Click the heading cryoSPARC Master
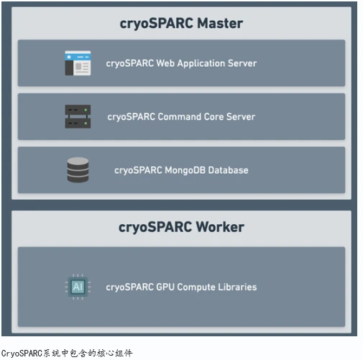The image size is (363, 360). pos(181,24)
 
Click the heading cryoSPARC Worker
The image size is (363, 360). pos(181,227)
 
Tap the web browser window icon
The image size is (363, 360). pos(78,63)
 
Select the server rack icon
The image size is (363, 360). pos(78,116)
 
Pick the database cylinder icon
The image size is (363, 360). pos(78,170)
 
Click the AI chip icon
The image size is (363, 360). pos(78,287)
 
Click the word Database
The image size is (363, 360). pos(228,170)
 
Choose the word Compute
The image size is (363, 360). pos(194,287)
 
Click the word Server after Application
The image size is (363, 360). pos(242,63)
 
